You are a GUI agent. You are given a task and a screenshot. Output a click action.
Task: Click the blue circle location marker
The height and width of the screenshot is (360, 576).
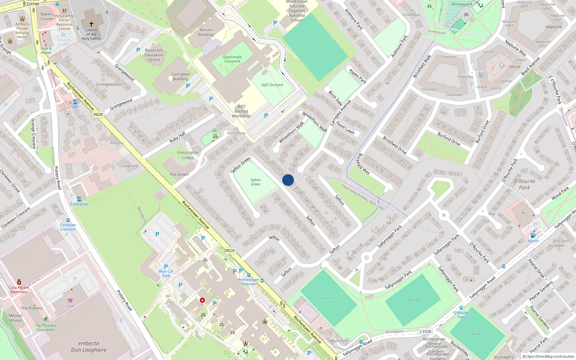click(x=288, y=180)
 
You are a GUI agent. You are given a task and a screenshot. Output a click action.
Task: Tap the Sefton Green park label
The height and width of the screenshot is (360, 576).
click(x=256, y=182)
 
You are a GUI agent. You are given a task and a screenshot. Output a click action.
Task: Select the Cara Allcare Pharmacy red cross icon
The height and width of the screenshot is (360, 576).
click(x=19, y=282)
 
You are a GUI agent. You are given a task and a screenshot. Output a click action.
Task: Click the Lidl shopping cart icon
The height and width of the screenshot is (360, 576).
click(x=70, y=300)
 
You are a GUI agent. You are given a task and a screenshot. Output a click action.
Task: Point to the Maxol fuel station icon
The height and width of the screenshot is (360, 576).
click(x=533, y=235)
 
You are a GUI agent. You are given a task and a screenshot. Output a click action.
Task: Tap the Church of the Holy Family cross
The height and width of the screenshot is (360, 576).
click(x=91, y=24)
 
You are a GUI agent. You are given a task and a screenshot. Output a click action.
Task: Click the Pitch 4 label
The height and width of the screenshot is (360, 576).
click(x=413, y=300)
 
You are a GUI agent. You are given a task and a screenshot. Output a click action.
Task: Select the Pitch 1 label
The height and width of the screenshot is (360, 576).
click(x=328, y=298)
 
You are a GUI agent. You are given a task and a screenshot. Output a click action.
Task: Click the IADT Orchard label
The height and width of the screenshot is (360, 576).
click(x=272, y=85)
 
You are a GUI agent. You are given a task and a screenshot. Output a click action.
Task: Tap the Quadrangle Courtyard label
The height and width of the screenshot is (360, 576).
click(x=232, y=59)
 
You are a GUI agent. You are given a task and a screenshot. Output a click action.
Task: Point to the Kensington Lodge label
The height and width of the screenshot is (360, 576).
click(x=188, y=155)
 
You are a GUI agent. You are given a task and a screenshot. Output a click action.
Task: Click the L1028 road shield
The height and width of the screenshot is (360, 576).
click(x=426, y=331)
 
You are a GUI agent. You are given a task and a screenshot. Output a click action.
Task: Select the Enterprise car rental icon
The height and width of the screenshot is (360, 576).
click(x=79, y=199)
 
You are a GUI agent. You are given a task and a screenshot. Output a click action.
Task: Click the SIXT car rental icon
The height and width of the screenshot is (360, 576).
click(x=75, y=102)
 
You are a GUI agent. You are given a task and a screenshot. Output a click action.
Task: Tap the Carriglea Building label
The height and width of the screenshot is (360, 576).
click(x=180, y=76)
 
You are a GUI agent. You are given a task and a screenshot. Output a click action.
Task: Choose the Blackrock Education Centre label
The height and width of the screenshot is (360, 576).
click(x=154, y=55)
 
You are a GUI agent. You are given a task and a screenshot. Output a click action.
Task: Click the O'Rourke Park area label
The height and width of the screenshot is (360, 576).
click(x=524, y=184)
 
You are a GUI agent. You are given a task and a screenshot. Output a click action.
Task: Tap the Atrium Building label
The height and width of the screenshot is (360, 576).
click(x=206, y=32)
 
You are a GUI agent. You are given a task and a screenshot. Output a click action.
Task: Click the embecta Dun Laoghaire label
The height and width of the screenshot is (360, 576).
click(x=89, y=346)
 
